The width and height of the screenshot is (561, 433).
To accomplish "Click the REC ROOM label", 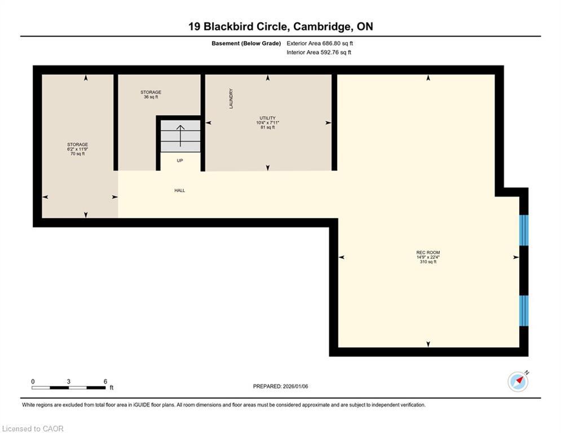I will pyautogui.click(x=428, y=253).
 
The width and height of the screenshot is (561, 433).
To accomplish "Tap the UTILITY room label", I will pyautogui.click(x=267, y=118).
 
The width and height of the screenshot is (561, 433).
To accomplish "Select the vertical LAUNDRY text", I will pyautogui.click(x=231, y=98).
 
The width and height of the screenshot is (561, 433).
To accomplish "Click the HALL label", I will pyautogui.click(x=179, y=191).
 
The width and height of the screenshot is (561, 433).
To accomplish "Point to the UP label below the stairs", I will pyautogui.click(x=180, y=161).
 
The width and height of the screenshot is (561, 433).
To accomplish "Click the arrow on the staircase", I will pyautogui.click(x=180, y=135).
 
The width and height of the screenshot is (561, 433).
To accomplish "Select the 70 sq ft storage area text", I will pyautogui.click(x=77, y=154).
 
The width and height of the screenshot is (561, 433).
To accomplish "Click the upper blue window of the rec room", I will pyautogui.click(x=524, y=230).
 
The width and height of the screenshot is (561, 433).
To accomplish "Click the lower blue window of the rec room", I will pyautogui.click(x=524, y=311).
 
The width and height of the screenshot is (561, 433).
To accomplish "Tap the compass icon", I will pyautogui.click(x=518, y=382).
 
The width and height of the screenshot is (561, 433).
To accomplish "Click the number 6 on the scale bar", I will pyautogui.click(x=105, y=382).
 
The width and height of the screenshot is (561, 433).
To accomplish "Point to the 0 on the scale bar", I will pyautogui.click(x=33, y=382).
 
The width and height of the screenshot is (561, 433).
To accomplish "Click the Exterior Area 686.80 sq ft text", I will pyautogui.click(x=320, y=43).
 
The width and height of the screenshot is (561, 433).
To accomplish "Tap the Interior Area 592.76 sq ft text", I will pyautogui.click(x=319, y=52).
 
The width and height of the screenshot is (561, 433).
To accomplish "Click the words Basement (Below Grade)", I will pyautogui.click(x=246, y=43).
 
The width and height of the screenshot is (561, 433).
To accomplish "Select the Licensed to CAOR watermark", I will pyautogui.click(x=33, y=428).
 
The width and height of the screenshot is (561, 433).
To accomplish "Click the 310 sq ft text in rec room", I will pyautogui.click(x=428, y=262).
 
